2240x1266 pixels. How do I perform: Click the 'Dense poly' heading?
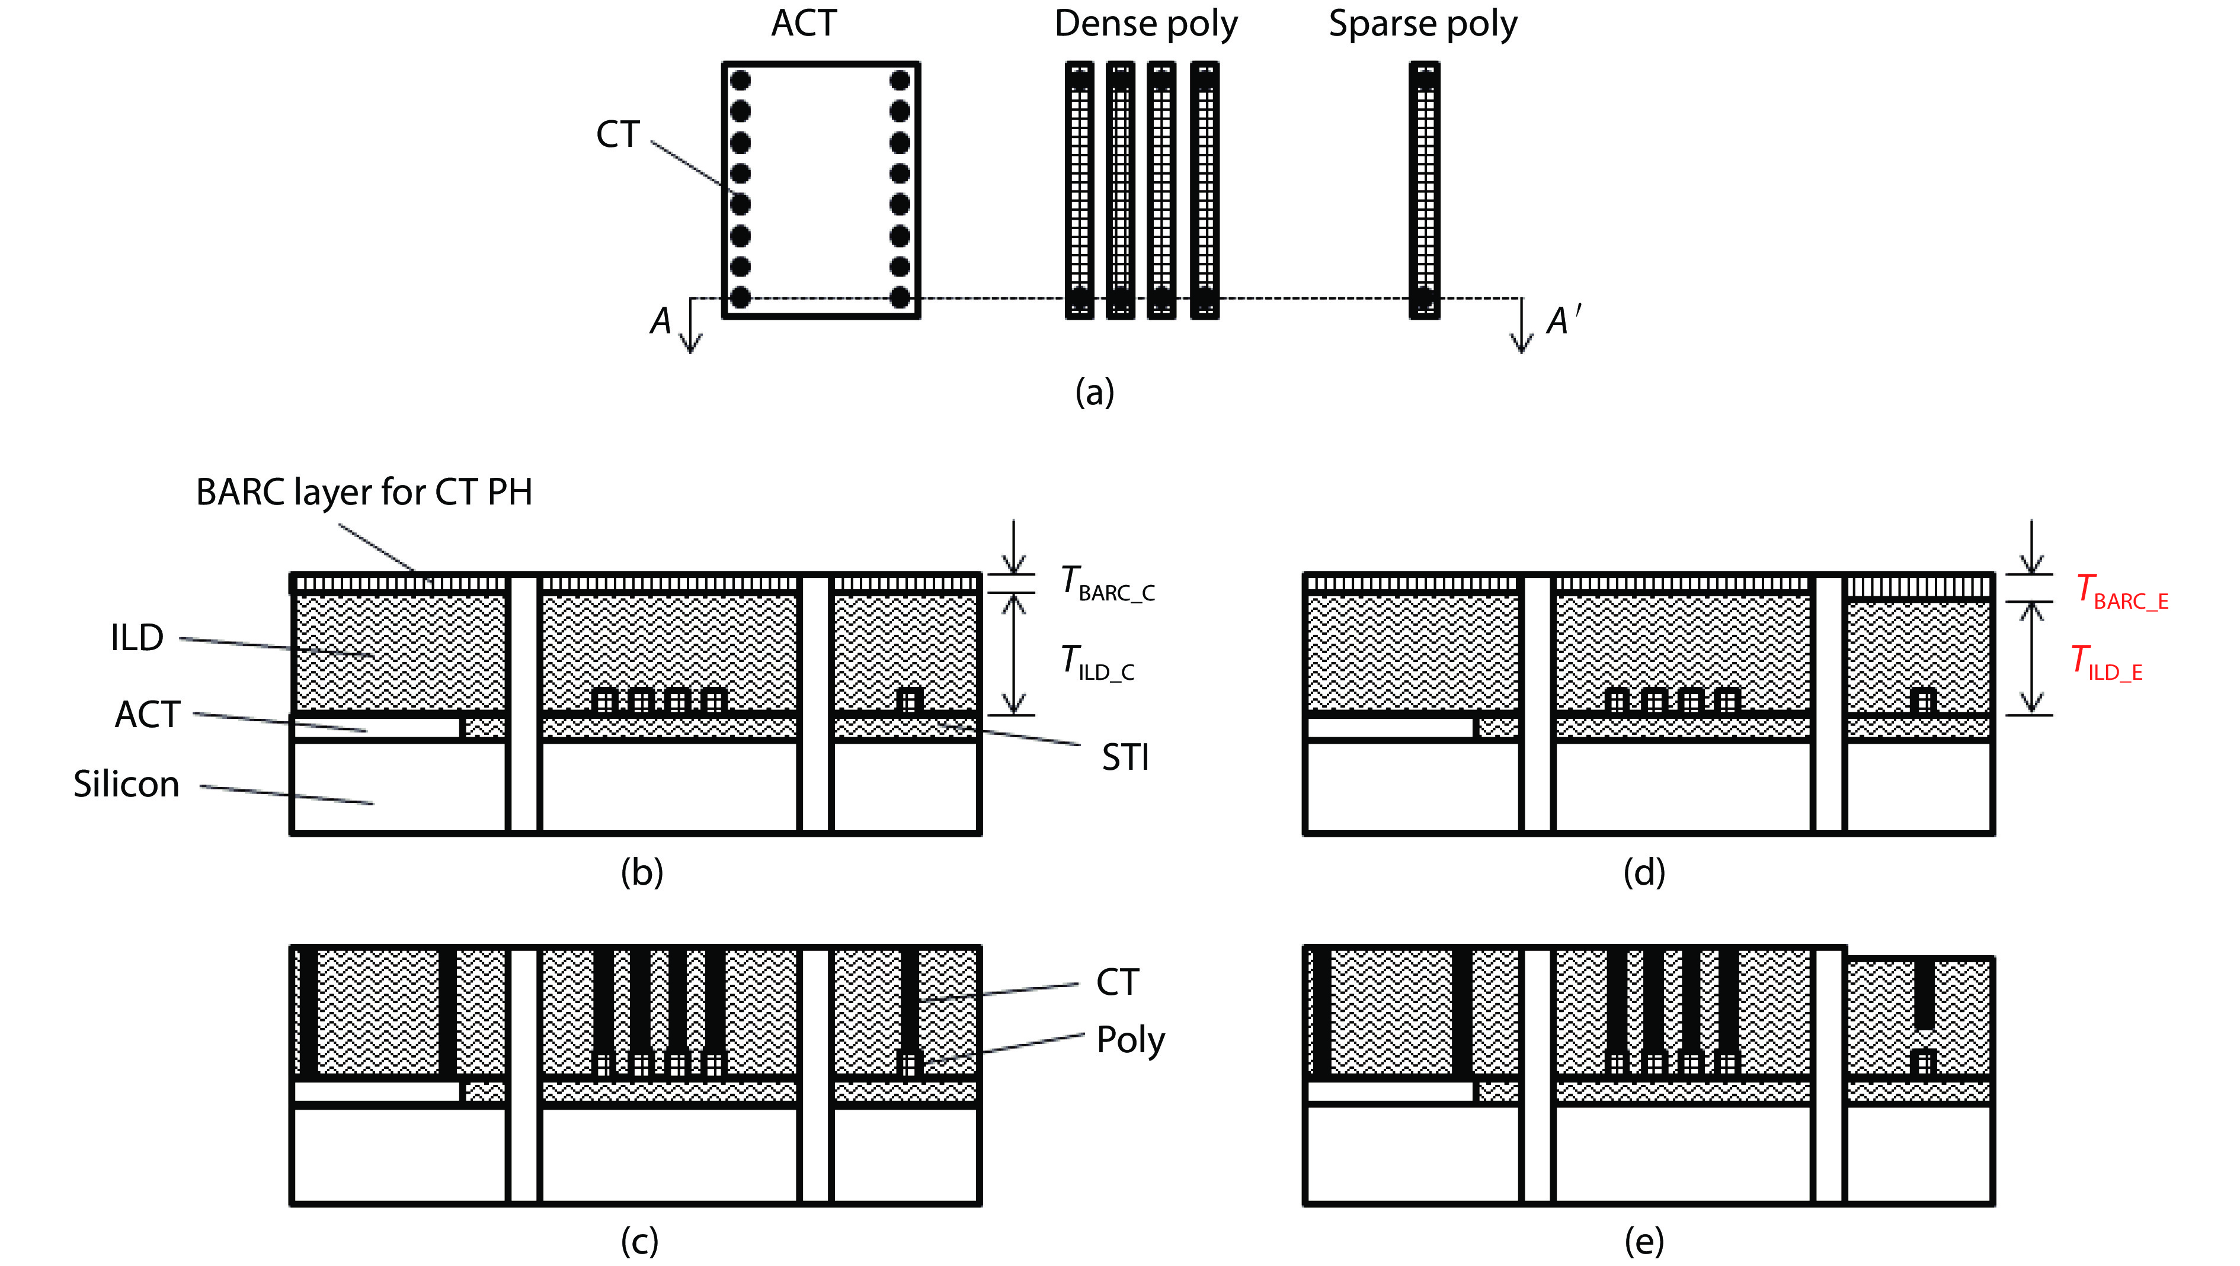[x=1145, y=24]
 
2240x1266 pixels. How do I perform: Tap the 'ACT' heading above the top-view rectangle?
[x=803, y=24]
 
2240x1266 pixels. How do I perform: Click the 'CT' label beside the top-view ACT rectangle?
[x=617, y=135]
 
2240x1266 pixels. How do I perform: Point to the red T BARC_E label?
[x=2121, y=592]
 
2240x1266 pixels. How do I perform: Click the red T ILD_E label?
[x=2105, y=663]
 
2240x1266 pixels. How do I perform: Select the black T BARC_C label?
[x=1106, y=583]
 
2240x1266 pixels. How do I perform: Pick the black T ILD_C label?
[x=1096, y=663]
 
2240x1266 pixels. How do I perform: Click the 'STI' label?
[x=1125, y=758]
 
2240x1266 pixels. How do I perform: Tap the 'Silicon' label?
[x=126, y=785]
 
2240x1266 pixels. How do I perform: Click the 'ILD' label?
[x=136, y=638]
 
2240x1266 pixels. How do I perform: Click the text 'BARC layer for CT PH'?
[x=364, y=492]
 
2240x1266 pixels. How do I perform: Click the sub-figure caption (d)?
[x=1643, y=872]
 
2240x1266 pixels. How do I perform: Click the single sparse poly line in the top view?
[x=1424, y=189]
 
